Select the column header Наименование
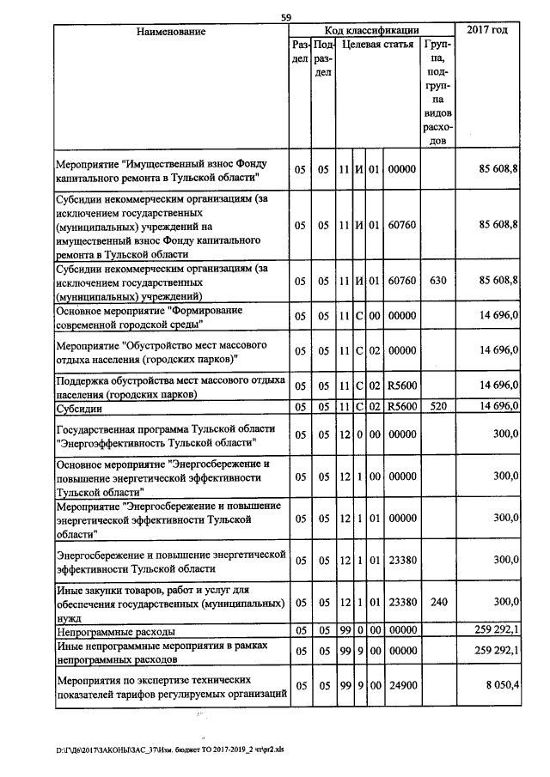click(x=171, y=32)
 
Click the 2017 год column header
click(x=487, y=31)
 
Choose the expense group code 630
click(x=438, y=281)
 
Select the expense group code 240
click(x=438, y=604)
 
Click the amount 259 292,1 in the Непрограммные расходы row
click(x=491, y=631)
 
